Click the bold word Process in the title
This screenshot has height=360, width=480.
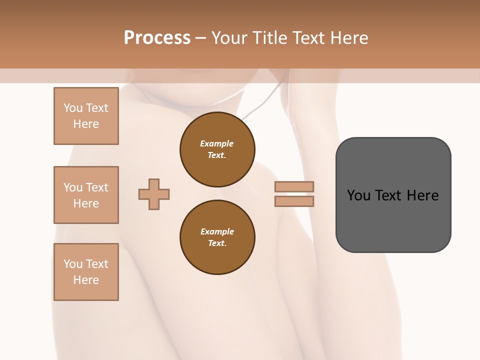point(157,38)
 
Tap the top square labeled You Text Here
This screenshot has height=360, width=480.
point(86,116)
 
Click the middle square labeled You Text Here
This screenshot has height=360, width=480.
point(86,195)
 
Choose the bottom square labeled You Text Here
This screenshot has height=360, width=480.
point(86,272)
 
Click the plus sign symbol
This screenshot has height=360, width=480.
point(154,194)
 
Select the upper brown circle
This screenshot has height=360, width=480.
point(217,149)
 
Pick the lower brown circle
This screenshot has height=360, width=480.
point(217,237)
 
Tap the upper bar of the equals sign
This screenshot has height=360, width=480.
point(294,186)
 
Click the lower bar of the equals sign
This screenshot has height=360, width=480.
point(294,201)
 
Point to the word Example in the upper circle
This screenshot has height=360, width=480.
point(216,143)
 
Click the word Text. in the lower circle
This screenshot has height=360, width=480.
point(216,243)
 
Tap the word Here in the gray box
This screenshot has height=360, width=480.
point(422,195)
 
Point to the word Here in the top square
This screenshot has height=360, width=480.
point(86,124)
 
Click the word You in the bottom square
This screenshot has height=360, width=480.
point(73,264)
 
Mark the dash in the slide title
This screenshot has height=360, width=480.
point(201,38)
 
